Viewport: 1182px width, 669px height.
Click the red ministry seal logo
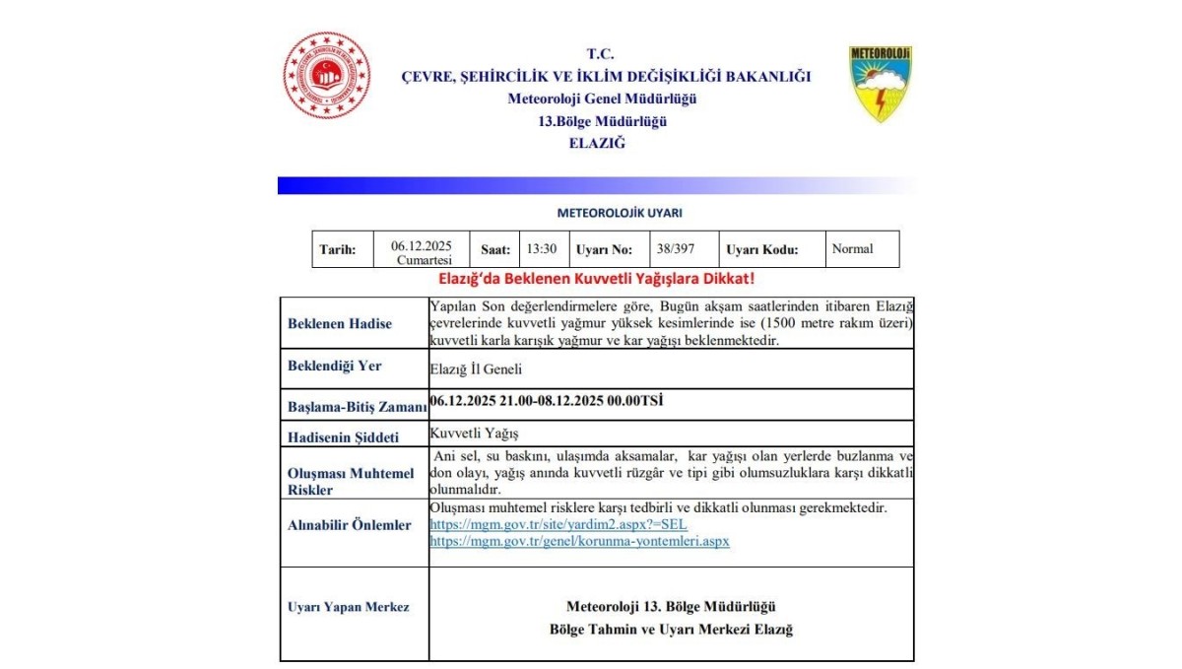327,76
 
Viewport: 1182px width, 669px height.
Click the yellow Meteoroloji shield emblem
880,84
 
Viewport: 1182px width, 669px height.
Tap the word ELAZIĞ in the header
597,143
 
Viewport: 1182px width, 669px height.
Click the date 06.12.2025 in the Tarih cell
422,245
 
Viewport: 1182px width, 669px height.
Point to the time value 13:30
542,249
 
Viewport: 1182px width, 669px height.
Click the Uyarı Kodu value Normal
852,249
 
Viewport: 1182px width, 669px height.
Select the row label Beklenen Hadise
340,323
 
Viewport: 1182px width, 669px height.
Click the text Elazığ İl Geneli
476,370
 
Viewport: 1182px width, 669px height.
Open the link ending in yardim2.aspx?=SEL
558,525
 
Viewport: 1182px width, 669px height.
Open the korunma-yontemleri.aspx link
579,542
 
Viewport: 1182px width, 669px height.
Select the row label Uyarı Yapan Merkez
349,607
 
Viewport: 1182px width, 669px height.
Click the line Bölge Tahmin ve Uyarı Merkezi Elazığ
671,630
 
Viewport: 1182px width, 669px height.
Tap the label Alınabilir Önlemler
350,525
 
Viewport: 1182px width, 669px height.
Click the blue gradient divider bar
591,185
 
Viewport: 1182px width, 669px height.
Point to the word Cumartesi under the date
424,260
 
